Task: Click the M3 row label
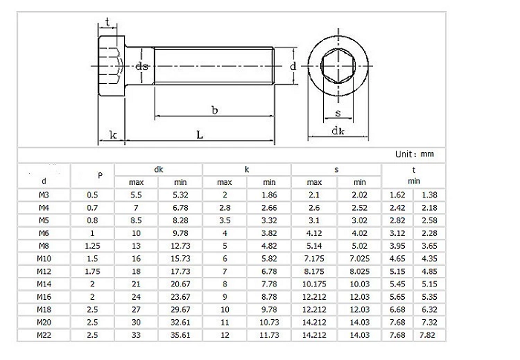pos(45,194)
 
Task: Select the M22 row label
pos(45,335)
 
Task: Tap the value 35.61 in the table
pos(181,335)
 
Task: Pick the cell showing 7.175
pos(314,258)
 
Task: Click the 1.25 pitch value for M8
pos(93,246)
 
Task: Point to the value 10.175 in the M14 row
pos(314,284)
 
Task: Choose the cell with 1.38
pos(429,194)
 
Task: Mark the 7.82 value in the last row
pos(429,335)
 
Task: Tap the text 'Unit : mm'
pos(415,154)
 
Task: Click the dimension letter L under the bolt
pos(200,134)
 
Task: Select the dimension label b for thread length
pos(214,111)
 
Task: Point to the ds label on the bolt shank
pos(142,66)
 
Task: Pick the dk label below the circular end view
pos(338,131)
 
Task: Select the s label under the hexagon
pos(338,113)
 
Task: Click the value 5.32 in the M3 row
pos(181,194)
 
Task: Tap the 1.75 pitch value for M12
pos(93,271)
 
